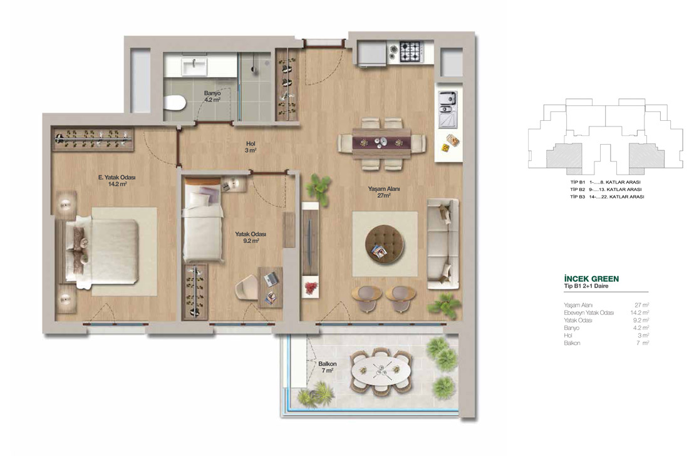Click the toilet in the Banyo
(175, 103)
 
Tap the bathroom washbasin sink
(194, 67)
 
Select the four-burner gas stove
(412, 51)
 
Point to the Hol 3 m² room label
(251, 147)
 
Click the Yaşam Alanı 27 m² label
(383, 192)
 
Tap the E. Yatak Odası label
(117, 177)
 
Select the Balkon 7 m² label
(328, 367)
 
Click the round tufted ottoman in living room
(385, 244)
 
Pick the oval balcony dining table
(381, 371)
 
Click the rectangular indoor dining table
(381, 142)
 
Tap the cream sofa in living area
(443, 244)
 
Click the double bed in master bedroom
(103, 250)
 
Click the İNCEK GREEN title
(591, 279)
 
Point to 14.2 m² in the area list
(640, 312)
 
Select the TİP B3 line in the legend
(608, 197)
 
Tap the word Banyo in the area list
(571, 327)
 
